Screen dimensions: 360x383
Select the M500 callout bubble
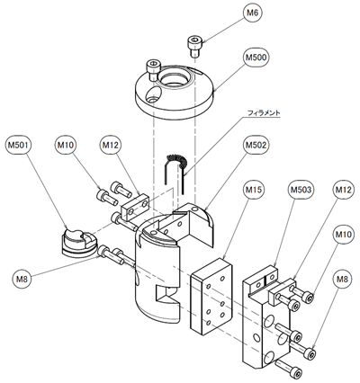[x=256, y=58]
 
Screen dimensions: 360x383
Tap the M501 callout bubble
[x=18, y=145]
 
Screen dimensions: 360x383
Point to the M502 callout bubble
[x=256, y=145]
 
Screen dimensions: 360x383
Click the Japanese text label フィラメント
[x=264, y=113]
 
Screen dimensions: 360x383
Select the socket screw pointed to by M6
[x=194, y=46]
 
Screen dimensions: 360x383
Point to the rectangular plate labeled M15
[x=212, y=296]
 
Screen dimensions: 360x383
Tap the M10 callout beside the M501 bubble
[x=66, y=145]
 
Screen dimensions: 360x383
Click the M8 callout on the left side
[x=22, y=280]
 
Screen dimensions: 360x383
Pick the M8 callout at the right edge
[x=342, y=280]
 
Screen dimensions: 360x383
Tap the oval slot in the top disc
[x=153, y=94]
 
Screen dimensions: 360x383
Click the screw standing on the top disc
[x=153, y=69]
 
